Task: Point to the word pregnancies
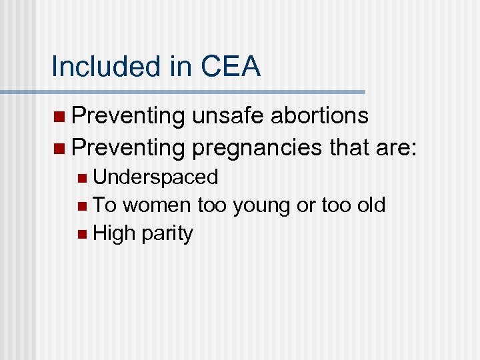tap(257, 147)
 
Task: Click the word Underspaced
tap(155, 177)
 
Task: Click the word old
tap(371, 205)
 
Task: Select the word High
tap(114, 233)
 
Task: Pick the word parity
tap(166, 234)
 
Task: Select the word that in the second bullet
tap(349, 146)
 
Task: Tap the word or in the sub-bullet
tap(306, 205)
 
